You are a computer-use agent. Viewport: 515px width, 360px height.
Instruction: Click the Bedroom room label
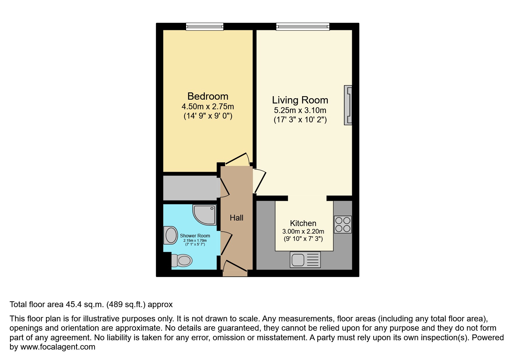208,96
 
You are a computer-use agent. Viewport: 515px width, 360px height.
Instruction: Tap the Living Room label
300,100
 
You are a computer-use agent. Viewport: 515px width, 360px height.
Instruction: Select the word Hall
236,218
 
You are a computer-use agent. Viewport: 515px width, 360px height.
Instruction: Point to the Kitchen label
303,223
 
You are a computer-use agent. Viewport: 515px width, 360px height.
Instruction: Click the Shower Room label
195,236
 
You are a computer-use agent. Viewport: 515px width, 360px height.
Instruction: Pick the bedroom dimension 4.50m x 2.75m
208,107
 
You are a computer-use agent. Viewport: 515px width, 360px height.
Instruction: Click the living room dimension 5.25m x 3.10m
300,110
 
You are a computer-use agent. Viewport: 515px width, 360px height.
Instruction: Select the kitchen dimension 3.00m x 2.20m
303,232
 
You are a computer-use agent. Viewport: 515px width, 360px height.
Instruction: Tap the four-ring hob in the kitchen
343,224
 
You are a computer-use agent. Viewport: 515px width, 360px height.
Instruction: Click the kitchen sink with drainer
305,259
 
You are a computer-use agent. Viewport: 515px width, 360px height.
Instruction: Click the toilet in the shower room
182,260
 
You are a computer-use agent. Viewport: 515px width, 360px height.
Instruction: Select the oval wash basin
171,235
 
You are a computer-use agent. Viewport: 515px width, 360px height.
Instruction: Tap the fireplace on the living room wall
348,105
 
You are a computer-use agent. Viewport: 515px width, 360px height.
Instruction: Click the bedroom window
205,27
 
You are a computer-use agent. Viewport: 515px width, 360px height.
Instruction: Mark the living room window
303,27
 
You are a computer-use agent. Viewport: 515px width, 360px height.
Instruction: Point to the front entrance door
235,269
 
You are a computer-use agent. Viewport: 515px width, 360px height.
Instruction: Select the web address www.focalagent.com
58,347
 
